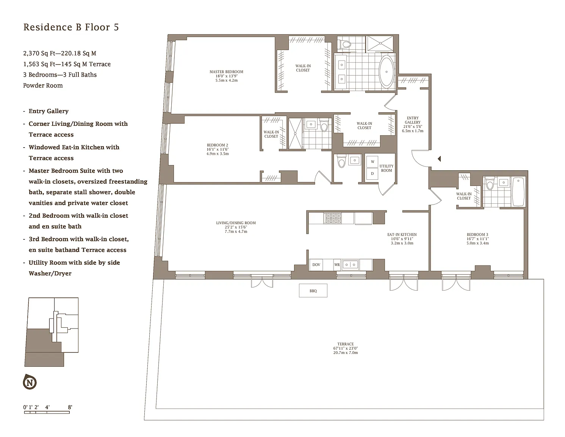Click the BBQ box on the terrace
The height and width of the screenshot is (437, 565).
point(313,291)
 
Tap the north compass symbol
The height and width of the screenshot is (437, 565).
point(30,382)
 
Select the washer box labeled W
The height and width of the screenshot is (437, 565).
point(372,162)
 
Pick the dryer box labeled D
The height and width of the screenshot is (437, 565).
point(372,174)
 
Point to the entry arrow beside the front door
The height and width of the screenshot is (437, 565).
point(439,159)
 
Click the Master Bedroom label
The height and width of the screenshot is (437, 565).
point(226,72)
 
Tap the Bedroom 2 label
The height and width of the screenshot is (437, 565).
point(218,145)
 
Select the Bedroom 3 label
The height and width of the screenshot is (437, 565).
point(477,234)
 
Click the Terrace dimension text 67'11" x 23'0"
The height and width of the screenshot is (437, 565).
point(346,348)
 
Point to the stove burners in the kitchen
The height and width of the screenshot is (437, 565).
point(333,218)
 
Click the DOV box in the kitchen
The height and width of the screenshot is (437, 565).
point(316,265)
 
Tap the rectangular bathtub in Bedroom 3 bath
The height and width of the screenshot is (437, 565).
point(518,192)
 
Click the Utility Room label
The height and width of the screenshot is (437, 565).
point(387,168)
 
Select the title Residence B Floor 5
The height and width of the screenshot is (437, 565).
point(71,27)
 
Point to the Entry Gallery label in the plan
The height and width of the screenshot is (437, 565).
point(413,120)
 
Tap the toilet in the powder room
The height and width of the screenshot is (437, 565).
point(341,161)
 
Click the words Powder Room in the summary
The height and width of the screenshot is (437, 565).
point(43,86)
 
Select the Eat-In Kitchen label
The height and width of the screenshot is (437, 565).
point(402,234)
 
